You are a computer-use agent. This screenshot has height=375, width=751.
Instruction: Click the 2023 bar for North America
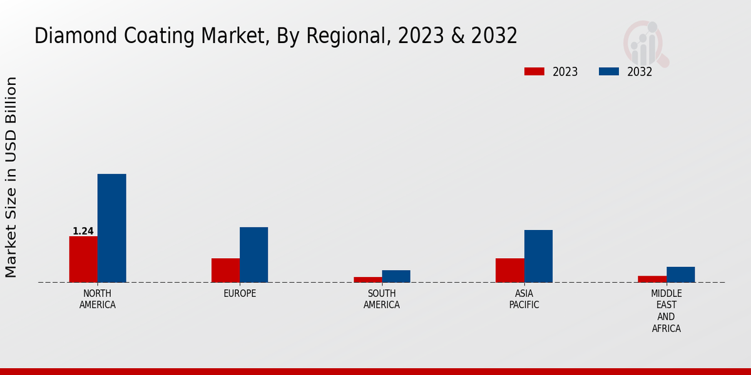(83, 259)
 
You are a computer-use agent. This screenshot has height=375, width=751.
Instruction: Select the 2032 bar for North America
(111, 228)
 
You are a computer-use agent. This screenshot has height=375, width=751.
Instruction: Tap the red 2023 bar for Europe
(225, 270)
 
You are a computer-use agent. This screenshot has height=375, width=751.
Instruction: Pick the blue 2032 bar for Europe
(253, 254)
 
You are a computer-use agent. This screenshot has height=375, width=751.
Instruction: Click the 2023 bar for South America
(367, 279)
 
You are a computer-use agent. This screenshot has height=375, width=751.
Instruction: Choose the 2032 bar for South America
(396, 276)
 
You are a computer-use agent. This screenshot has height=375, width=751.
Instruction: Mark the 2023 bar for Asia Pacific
(509, 270)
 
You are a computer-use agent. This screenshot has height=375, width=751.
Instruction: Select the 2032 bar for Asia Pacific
(538, 256)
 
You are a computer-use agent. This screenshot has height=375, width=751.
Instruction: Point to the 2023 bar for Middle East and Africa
(651, 279)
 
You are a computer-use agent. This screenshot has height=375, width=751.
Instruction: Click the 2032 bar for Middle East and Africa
(680, 274)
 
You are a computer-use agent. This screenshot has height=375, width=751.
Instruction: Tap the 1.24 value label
(83, 231)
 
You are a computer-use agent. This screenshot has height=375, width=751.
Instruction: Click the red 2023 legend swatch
(534, 71)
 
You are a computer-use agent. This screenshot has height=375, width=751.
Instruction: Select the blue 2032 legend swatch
(608, 71)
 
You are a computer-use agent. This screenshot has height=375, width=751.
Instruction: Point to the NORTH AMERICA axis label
(98, 299)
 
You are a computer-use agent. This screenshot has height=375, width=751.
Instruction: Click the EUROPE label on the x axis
(240, 294)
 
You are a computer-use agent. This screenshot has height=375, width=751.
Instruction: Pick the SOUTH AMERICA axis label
(382, 299)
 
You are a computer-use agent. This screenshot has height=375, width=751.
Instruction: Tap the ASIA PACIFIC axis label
(524, 299)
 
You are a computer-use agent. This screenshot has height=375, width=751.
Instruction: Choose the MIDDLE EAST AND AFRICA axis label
(666, 311)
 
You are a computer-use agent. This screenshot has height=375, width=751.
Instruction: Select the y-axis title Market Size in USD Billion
(11, 177)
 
